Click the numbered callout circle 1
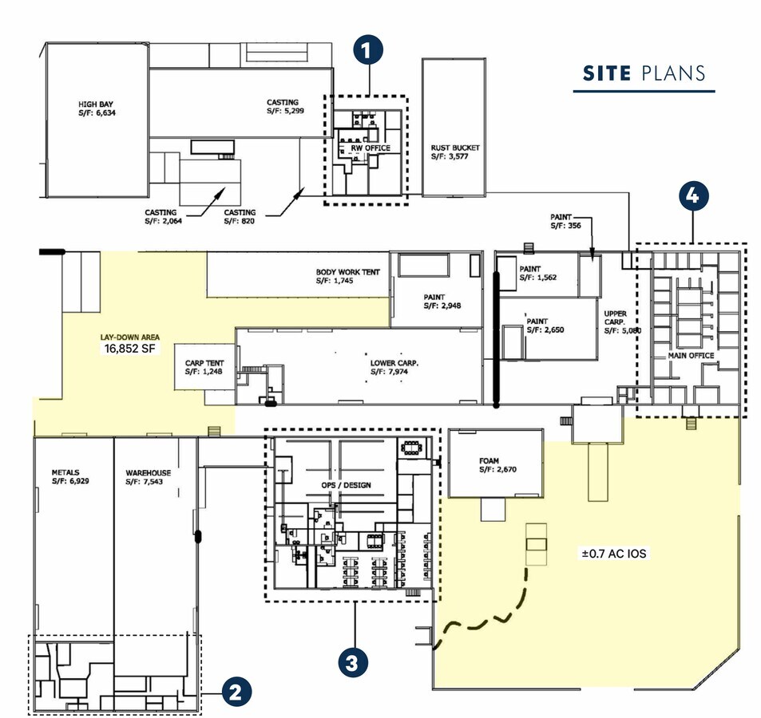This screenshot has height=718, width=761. pos(368,50)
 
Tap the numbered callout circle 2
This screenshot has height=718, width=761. pos(236,692)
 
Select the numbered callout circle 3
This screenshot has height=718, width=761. pos(353,662)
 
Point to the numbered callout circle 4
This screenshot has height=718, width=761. pos(694,196)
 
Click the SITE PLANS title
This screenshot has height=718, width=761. pos(644,73)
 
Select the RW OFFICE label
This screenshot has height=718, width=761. pos(371,148)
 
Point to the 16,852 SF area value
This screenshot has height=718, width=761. pos(129,348)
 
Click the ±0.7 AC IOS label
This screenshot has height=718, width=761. pos(614,554)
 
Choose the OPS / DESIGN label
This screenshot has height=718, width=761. pos(346,485)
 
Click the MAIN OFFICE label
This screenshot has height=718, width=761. pos(691,355)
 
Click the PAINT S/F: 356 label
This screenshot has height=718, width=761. pos(565,221)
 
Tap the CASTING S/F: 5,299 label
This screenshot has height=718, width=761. pos(285,107)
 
